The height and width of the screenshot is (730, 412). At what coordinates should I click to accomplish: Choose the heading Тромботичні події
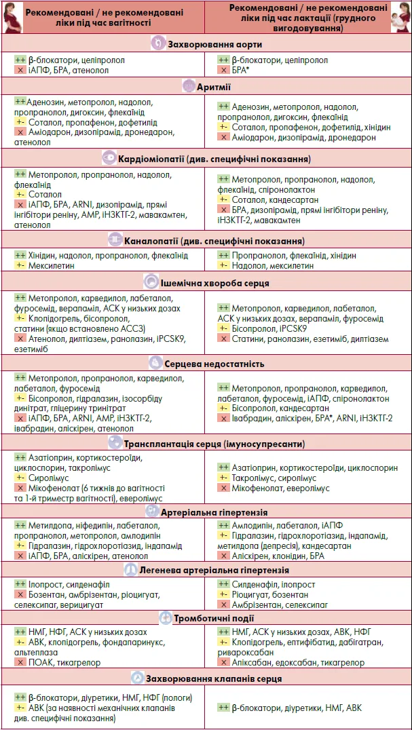pos(215,618)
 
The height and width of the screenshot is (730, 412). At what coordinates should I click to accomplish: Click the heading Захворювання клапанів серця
pos(214,678)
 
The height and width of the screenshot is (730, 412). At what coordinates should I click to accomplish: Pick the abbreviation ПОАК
pos(41,662)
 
